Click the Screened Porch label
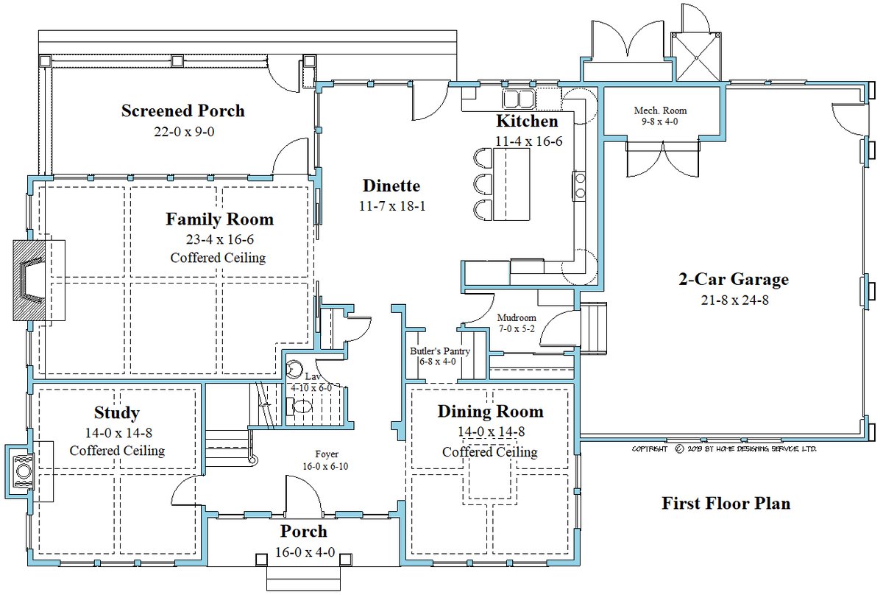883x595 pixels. pos(182,111)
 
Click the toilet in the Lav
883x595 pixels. pos(302,406)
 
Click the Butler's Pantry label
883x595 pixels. pos(440,351)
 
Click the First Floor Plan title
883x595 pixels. pos(726,504)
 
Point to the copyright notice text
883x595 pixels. pos(724,448)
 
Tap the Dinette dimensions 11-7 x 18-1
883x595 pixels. pos(391,206)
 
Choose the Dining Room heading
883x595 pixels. pos(490,412)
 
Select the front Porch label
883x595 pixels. pos(303,531)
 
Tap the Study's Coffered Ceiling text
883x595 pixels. pos(117,450)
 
